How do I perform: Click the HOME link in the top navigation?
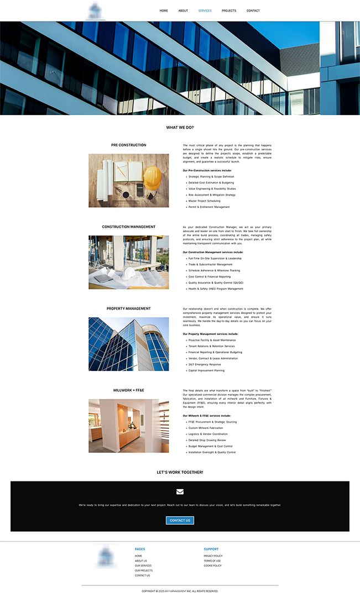pos(164,11)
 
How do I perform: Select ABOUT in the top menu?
pos(183,11)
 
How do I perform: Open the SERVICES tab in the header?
pos(205,11)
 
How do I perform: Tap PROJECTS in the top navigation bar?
pos(229,11)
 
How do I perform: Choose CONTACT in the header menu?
pos(253,11)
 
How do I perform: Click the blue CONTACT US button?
pos(180,520)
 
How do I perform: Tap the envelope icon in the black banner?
pos(180,491)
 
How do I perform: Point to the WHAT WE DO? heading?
pos(180,127)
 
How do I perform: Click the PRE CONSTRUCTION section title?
pos(129,145)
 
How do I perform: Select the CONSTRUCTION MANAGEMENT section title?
pos(129,227)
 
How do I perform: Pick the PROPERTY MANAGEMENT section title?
pos(129,308)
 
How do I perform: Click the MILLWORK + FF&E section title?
pos(129,390)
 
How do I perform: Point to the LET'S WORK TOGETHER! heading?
pos(180,472)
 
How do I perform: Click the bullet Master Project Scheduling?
pos(204,201)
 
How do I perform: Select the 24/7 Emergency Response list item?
pos(204,364)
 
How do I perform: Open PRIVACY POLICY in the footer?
pos(213,556)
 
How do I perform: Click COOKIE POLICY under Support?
pos(212,565)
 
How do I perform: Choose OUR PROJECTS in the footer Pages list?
pos(143,570)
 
